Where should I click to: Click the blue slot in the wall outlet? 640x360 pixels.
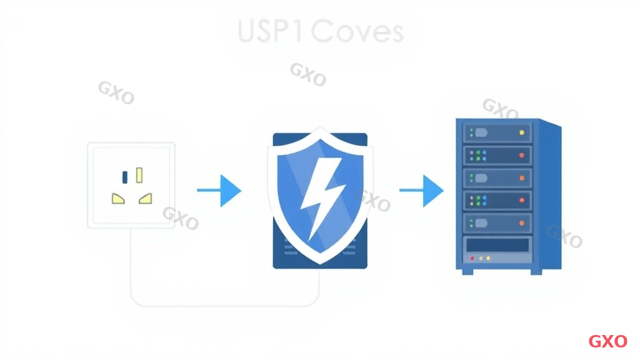coord(125,177)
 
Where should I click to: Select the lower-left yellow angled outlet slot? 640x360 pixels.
coord(118,199)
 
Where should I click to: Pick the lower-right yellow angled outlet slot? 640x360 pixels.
coord(146,199)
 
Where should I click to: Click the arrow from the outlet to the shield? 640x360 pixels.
coord(219,190)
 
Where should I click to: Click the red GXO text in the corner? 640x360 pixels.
coord(607,341)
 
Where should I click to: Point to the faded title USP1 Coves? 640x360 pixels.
coord(321,31)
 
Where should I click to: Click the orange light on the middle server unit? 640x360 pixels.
coord(521,177)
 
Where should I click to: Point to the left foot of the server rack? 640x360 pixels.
coord(465,271)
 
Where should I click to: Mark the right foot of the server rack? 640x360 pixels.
coord(536,271)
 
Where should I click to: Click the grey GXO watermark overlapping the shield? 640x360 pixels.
coord(372,201)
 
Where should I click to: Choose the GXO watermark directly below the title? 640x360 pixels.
coord(307,74)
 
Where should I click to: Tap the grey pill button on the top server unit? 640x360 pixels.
coord(481,132)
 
